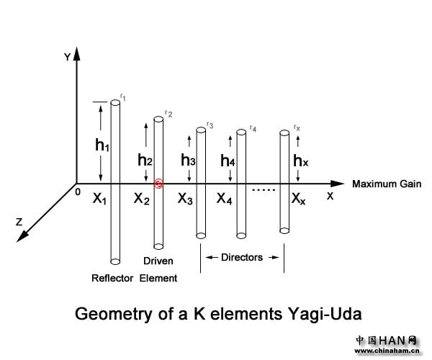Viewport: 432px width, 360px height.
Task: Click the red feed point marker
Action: click(x=159, y=184)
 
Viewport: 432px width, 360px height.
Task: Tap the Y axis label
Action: click(x=66, y=57)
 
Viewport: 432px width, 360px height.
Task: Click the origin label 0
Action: click(x=77, y=192)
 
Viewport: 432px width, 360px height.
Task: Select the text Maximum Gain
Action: click(x=386, y=184)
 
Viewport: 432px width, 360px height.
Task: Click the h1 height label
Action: click(x=102, y=145)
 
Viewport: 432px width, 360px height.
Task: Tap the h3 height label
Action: click(x=188, y=160)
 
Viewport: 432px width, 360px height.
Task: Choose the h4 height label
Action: click(x=228, y=161)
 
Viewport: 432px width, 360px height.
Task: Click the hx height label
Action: click(x=301, y=161)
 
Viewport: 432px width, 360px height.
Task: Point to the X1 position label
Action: click(x=99, y=199)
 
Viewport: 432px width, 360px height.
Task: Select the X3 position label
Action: click(x=186, y=199)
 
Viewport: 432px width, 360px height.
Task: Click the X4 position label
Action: click(x=225, y=199)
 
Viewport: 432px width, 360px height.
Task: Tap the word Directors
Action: click(x=241, y=257)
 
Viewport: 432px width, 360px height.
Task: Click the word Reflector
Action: click(x=112, y=278)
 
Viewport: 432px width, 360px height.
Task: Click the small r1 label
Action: click(x=123, y=96)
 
